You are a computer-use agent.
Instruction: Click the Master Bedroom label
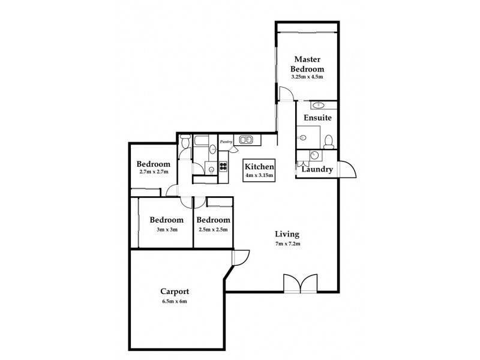(308, 64)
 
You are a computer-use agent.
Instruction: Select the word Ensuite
(317, 118)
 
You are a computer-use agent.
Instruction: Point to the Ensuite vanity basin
(317, 105)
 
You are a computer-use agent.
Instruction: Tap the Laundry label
(317, 170)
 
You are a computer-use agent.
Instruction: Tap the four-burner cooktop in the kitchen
(223, 167)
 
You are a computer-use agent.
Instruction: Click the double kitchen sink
(246, 140)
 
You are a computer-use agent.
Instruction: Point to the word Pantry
(226, 142)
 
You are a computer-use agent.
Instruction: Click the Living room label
(287, 234)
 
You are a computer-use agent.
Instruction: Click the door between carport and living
(239, 257)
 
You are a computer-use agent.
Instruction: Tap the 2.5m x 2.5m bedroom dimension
(214, 229)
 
